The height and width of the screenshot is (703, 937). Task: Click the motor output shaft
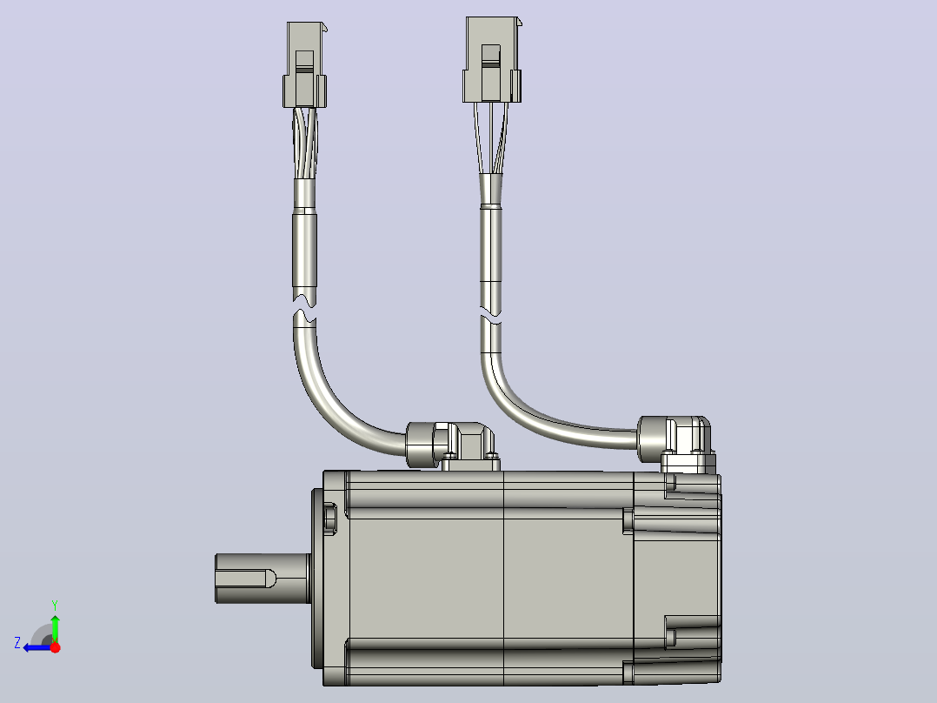pyautogui.click(x=262, y=578)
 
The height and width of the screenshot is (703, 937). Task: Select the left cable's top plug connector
pyautogui.click(x=305, y=64)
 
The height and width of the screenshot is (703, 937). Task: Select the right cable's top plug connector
pyautogui.click(x=492, y=59)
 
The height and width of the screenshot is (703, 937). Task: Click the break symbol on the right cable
pyautogui.click(x=491, y=314)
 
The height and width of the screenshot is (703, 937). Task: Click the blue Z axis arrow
pyautogui.click(x=37, y=647)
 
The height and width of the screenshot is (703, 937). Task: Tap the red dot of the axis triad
pyautogui.click(x=55, y=646)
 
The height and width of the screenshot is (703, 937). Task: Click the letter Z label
pyautogui.click(x=17, y=643)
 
